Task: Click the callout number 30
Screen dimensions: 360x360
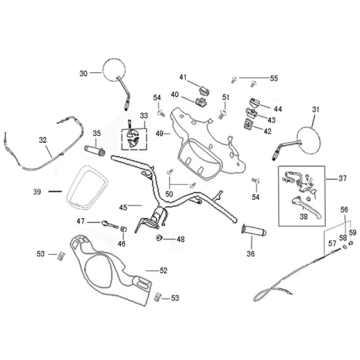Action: click(83, 72)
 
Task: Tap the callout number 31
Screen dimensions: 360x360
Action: click(316, 109)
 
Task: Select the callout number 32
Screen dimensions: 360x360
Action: click(43, 139)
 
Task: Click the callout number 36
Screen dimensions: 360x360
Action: click(250, 254)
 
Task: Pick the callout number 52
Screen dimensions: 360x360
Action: click(164, 270)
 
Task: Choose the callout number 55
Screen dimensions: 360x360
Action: click(274, 78)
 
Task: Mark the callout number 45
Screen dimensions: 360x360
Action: click(123, 207)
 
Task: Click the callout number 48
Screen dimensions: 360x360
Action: click(180, 239)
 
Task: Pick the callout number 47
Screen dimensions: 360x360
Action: click(80, 221)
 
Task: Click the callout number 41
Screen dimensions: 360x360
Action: click(183, 77)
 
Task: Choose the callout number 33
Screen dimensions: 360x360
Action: click(144, 116)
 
